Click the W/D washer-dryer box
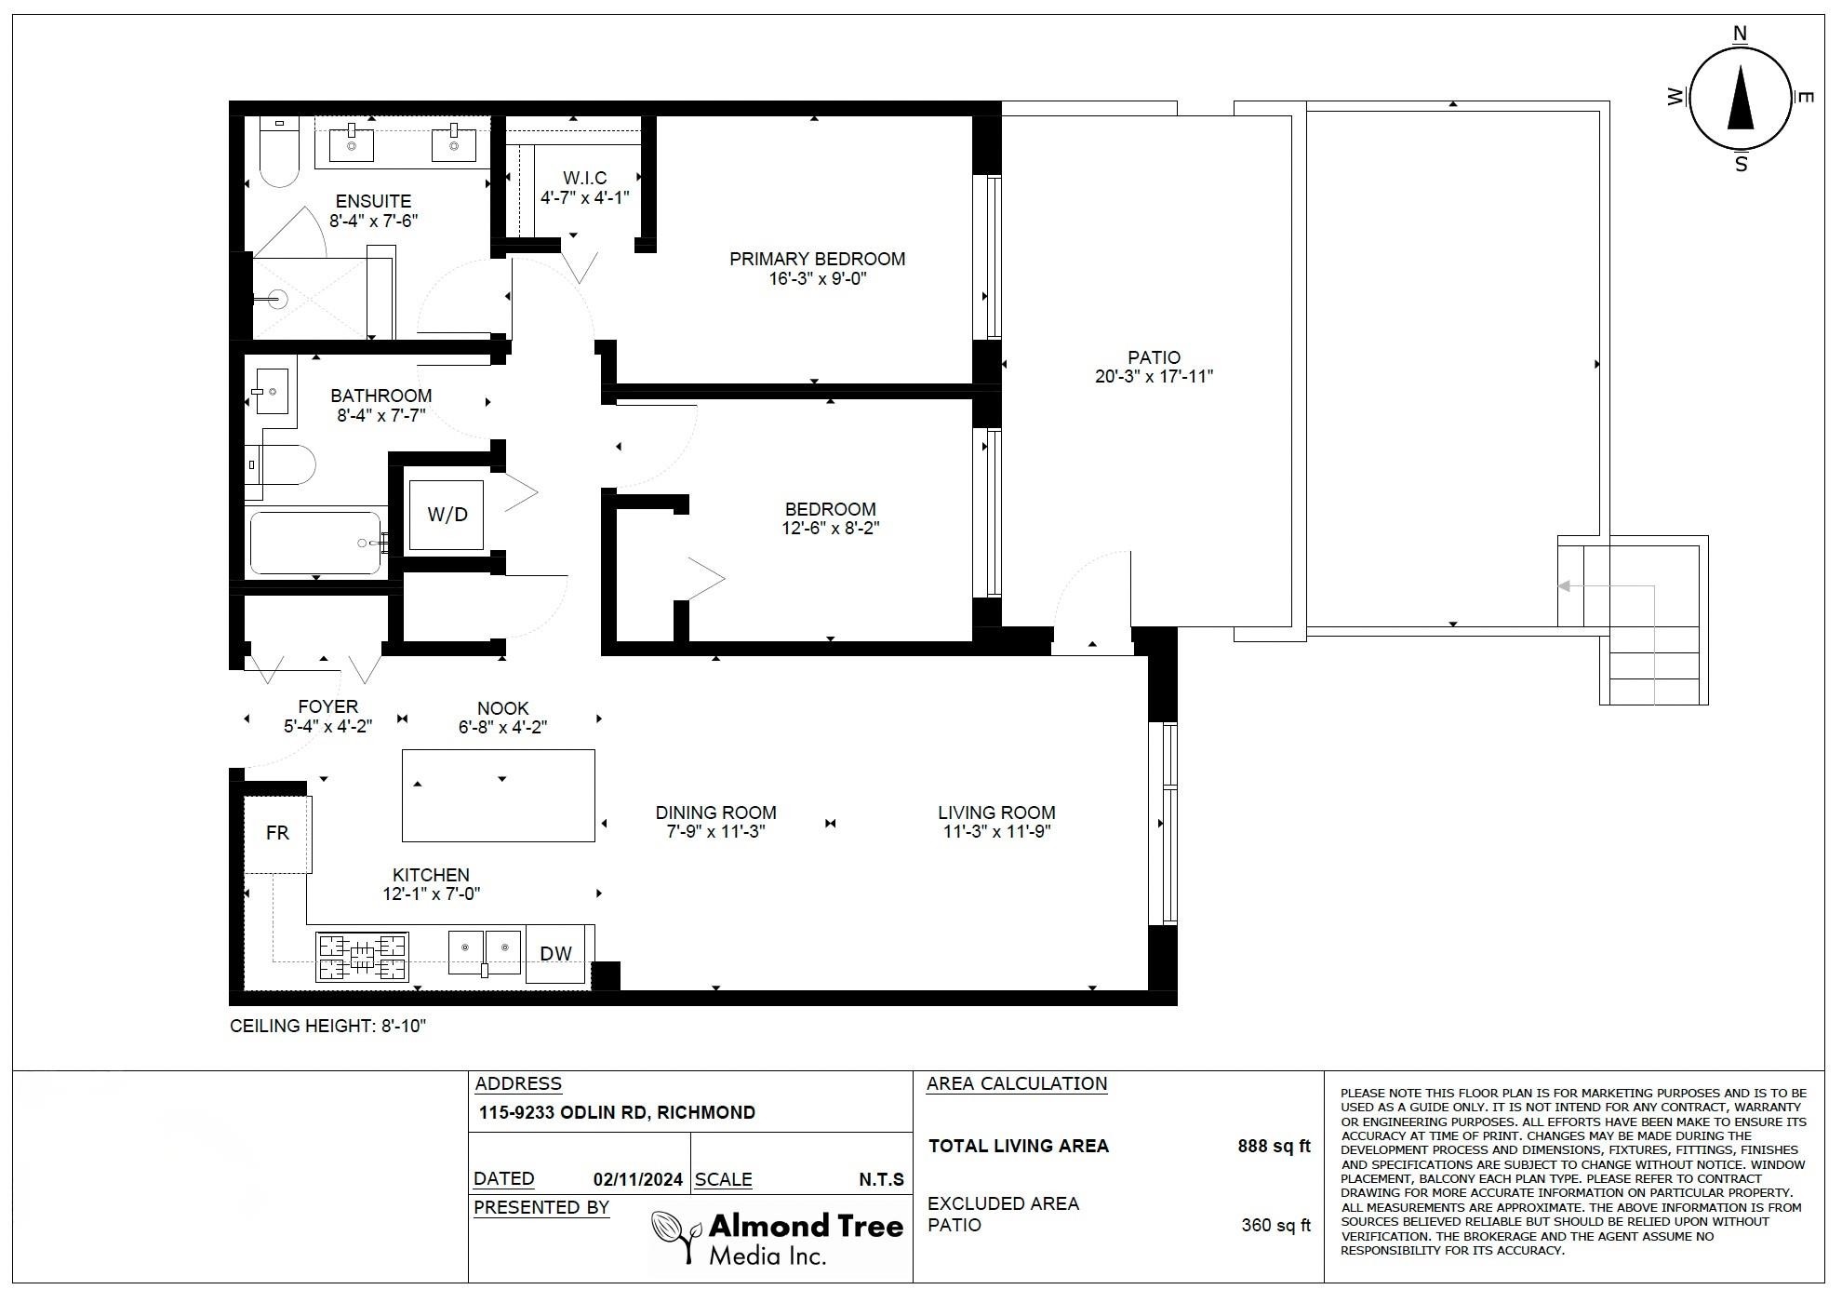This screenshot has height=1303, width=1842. (x=447, y=515)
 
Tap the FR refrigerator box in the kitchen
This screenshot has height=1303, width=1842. (x=277, y=834)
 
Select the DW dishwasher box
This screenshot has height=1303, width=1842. (x=556, y=953)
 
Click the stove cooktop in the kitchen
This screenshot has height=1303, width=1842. (x=362, y=957)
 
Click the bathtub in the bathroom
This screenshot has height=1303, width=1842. (x=316, y=543)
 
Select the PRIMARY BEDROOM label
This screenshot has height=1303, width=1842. (x=817, y=259)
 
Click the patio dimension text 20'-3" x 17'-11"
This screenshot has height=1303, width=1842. (x=1154, y=377)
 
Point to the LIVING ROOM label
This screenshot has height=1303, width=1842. (x=996, y=813)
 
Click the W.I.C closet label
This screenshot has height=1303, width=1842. (x=585, y=178)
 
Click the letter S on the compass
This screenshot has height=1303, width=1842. (x=1741, y=165)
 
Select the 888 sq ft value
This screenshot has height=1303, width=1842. (x=1274, y=1146)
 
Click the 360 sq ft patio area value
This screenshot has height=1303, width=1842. (x=1275, y=1225)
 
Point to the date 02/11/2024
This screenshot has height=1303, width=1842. (x=637, y=1180)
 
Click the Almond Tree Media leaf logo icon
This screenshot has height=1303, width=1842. (x=675, y=1236)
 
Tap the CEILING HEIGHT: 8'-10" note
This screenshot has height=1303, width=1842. (x=327, y=1027)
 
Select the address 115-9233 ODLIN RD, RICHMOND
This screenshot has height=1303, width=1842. (x=617, y=1113)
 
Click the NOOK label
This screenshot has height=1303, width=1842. (x=502, y=708)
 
